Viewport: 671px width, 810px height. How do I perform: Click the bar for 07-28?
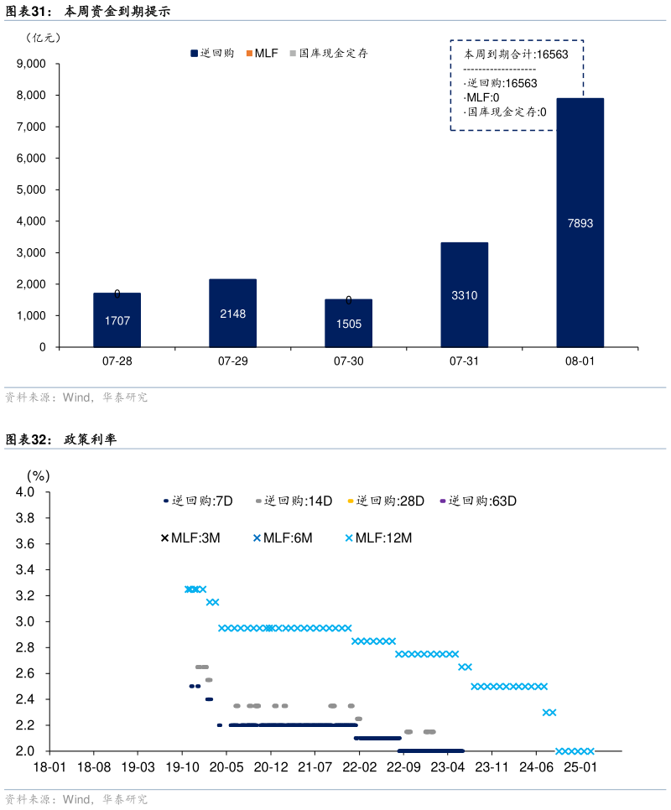click(117, 319)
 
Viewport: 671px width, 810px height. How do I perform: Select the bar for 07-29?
click(232, 313)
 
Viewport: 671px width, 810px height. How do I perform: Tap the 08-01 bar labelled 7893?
click(580, 222)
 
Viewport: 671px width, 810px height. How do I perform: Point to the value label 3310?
click(464, 296)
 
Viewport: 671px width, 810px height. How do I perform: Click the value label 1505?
click(348, 324)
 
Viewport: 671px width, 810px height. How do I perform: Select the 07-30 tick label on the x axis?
click(348, 361)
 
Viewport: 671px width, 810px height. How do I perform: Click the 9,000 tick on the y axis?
click(31, 64)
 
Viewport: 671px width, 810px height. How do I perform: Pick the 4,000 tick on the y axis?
click(31, 221)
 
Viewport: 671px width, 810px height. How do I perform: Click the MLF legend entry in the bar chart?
click(262, 53)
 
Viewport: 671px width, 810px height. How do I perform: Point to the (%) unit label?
click(39, 475)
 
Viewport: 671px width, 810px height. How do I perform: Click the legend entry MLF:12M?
click(378, 538)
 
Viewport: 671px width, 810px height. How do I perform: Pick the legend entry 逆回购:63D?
click(477, 501)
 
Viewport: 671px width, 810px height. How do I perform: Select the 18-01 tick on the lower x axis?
click(49, 767)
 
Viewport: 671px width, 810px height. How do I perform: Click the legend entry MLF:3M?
click(190, 538)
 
